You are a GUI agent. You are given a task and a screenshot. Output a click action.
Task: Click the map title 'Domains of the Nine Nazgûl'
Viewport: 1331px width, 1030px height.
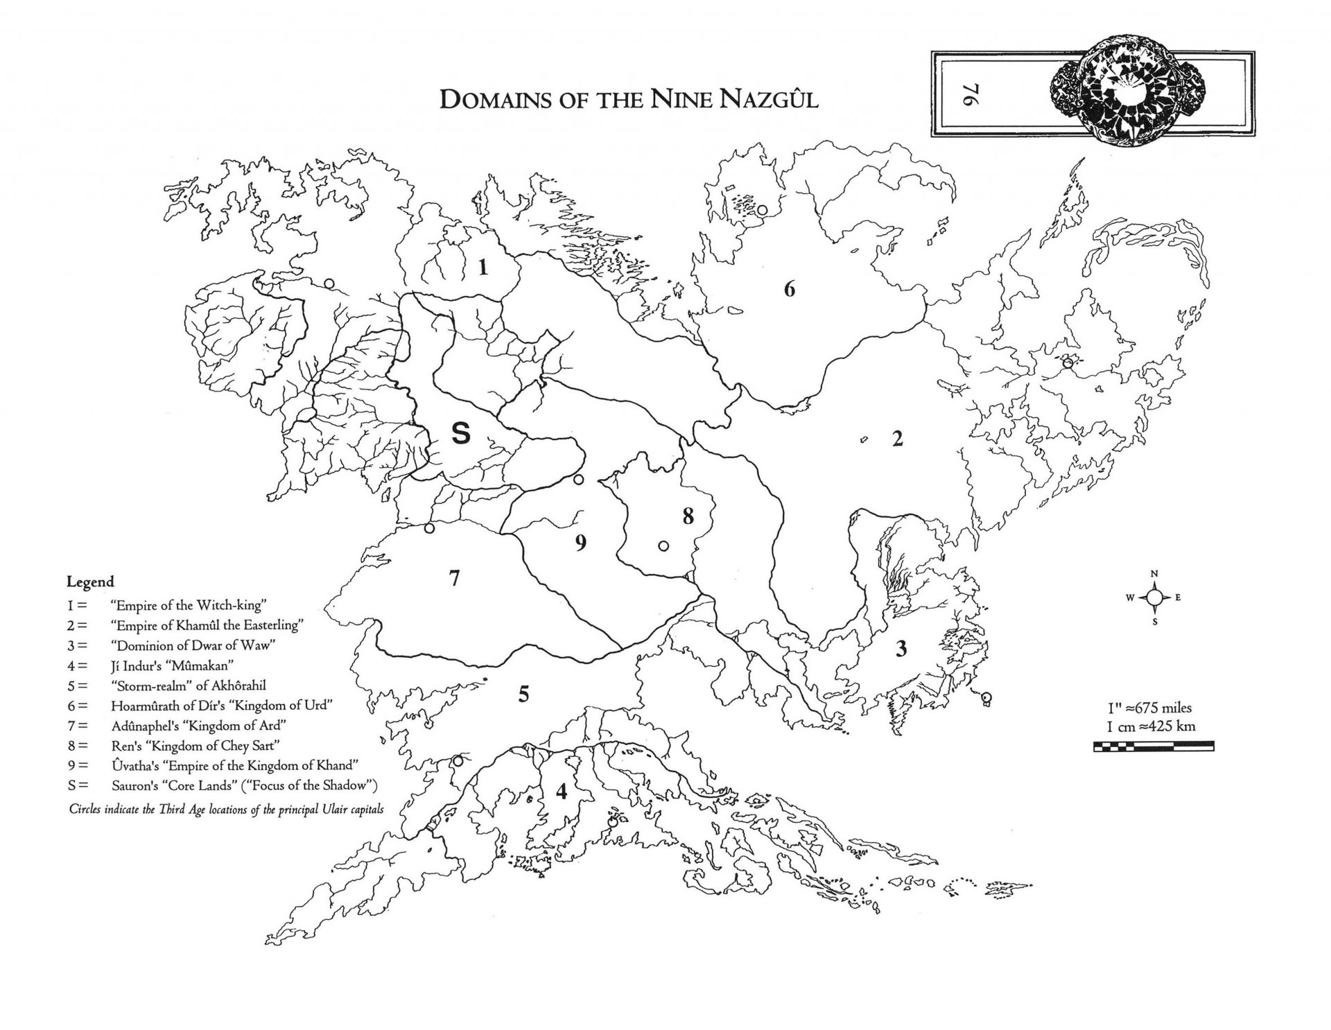629,98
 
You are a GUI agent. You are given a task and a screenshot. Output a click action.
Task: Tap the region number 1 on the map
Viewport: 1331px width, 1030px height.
482,267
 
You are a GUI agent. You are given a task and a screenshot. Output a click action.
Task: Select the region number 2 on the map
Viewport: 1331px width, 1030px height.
897,439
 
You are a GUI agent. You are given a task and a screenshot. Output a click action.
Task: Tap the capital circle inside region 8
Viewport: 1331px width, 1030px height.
663,546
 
